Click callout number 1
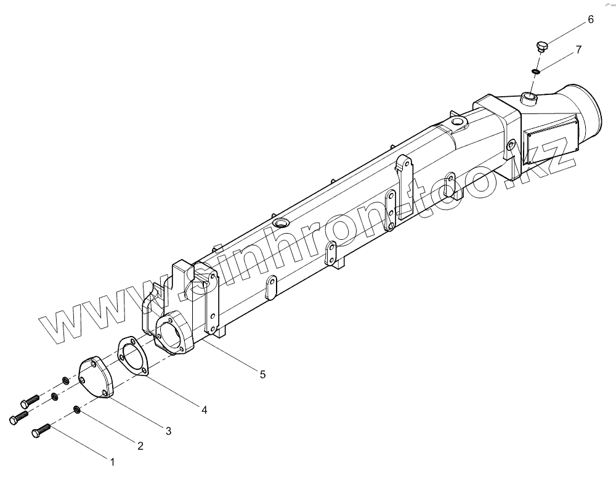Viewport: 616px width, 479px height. coord(112,461)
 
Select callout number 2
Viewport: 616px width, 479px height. coord(140,446)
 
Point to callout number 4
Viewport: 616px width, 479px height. coord(203,409)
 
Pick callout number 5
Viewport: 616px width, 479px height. coord(262,374)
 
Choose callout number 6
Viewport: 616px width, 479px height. coord(590,20)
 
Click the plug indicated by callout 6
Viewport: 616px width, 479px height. coord(542,46)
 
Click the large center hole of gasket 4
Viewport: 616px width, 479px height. coord(131,356)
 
